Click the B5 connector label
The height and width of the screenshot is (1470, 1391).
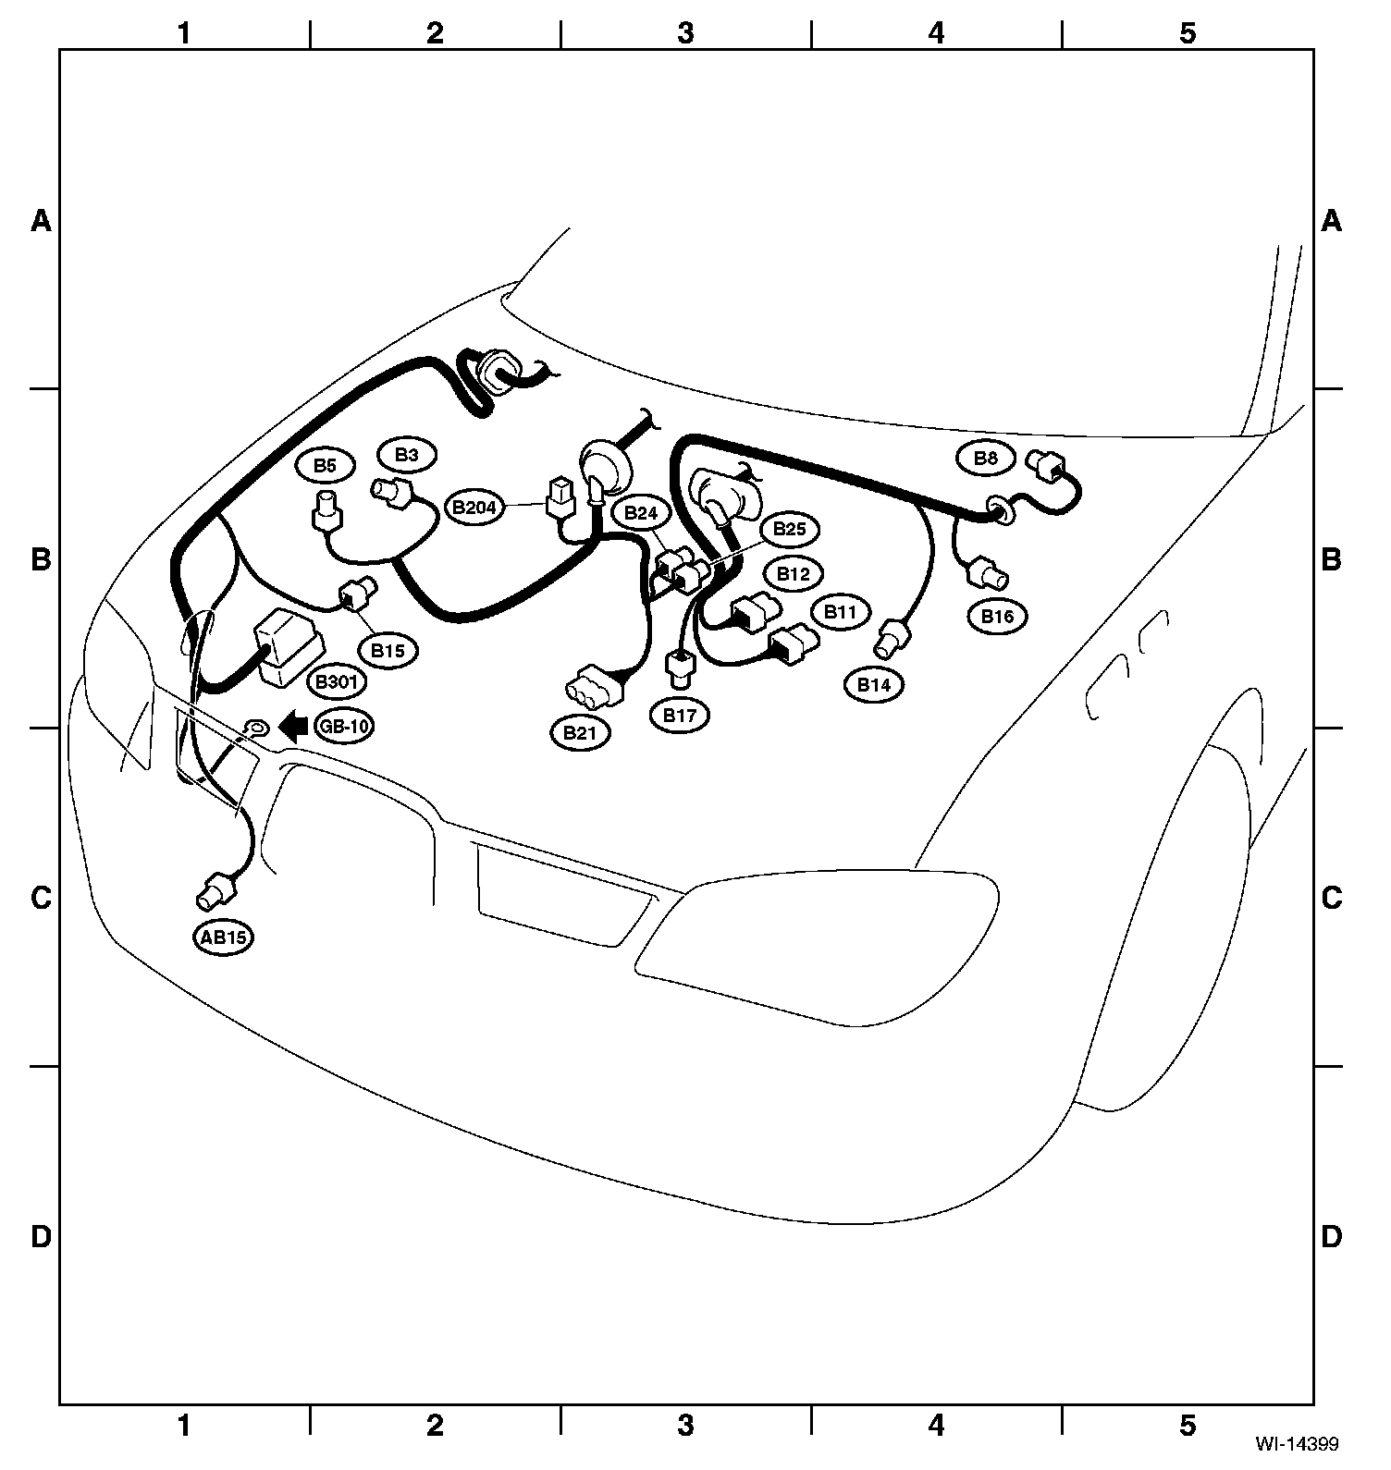click(324, 466)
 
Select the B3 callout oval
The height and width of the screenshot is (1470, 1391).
click(406, 455)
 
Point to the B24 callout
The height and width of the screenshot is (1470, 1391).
click(640, 513)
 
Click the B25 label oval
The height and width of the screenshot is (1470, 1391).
click(789, 530)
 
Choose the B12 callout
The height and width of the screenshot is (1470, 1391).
click(793, 574)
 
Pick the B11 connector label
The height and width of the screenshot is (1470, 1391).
click(841, 612)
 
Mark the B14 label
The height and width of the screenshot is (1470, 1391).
click(873, 685)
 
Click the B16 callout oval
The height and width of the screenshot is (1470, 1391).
click(998, 617)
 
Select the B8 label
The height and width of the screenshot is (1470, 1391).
click(987, 458)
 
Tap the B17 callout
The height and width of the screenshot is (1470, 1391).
click(680, 716)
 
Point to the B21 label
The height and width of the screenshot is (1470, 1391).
click(580, 733)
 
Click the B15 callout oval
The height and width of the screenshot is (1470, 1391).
click(388, 651)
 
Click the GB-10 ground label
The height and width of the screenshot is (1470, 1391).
click(343, 727)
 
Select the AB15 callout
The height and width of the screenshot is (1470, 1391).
click(224, 937)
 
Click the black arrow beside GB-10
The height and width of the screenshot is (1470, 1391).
click(293, 727)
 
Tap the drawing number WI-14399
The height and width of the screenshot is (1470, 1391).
click(1296, 1442)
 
